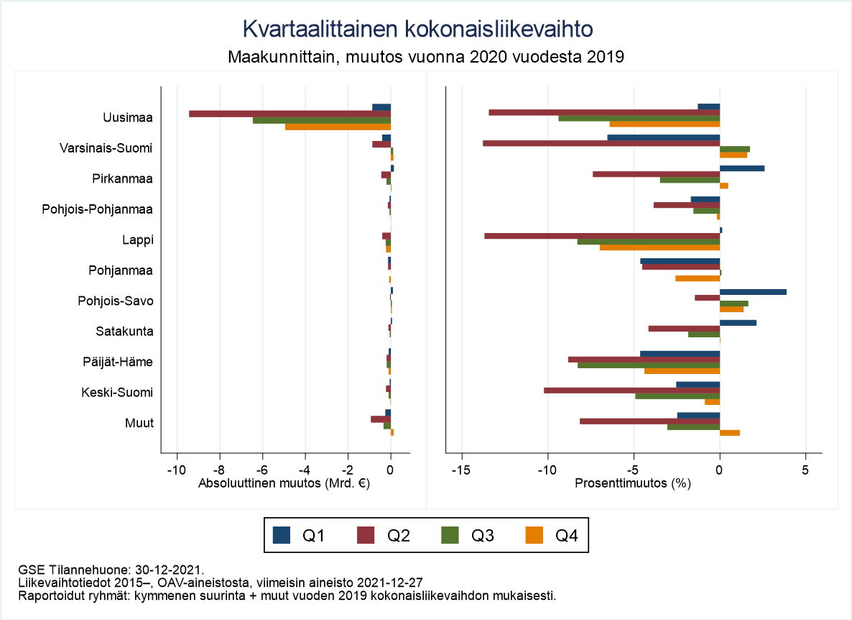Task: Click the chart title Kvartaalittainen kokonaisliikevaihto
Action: click(x=417, y=29)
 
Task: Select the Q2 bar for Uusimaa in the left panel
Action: click(x=290, y=114)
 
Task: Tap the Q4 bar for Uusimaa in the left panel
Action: click(x=338, y=127)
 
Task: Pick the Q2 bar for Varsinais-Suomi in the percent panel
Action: click(x=601, y=143)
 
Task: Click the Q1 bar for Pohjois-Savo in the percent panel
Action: click(x=753, y=292)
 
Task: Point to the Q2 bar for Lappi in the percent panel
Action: click(x=602, y=236)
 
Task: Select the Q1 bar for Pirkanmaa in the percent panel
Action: click(x=742, y=168)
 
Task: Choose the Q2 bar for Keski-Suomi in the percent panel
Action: click(x=631, y=391)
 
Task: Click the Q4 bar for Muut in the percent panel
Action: click(x=730, y=433)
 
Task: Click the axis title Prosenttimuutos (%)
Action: click(x=633, y=484)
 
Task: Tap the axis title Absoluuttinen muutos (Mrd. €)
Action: click(x=283, y=484)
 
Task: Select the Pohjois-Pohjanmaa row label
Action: click(x=106, y=209)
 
